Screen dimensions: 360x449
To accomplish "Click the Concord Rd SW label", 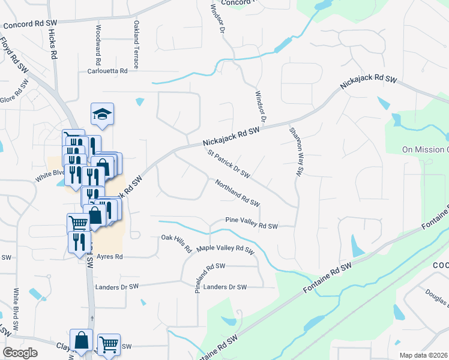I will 29,25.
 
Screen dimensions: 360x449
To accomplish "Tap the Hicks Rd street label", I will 53,45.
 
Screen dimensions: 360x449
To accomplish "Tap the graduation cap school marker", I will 102,114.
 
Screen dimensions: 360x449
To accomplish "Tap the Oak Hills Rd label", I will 176,244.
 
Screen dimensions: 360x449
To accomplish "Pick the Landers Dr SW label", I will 225,287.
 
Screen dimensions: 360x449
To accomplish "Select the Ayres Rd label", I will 109,257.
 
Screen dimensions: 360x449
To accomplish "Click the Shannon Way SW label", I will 294,151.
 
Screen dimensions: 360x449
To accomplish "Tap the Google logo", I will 20,353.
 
